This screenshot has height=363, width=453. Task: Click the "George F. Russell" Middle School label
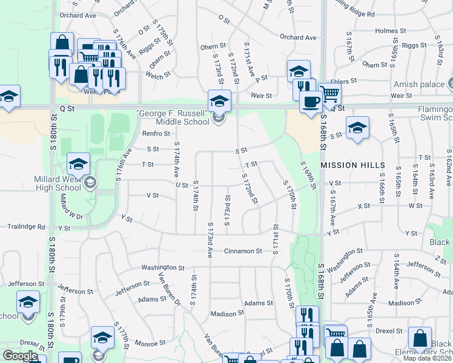[173, 117]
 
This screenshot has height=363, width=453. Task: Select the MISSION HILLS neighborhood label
[352, 165]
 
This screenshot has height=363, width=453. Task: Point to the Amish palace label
[418, 85]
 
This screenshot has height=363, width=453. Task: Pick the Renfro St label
[156, 133]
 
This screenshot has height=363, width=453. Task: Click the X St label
[363, 206]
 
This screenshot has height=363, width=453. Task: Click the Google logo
[20, 356]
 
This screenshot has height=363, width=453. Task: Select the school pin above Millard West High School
[78, 163]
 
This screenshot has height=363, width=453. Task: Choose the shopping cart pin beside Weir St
[330, 93]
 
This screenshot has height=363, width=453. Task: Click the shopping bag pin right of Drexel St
[420, 338]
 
